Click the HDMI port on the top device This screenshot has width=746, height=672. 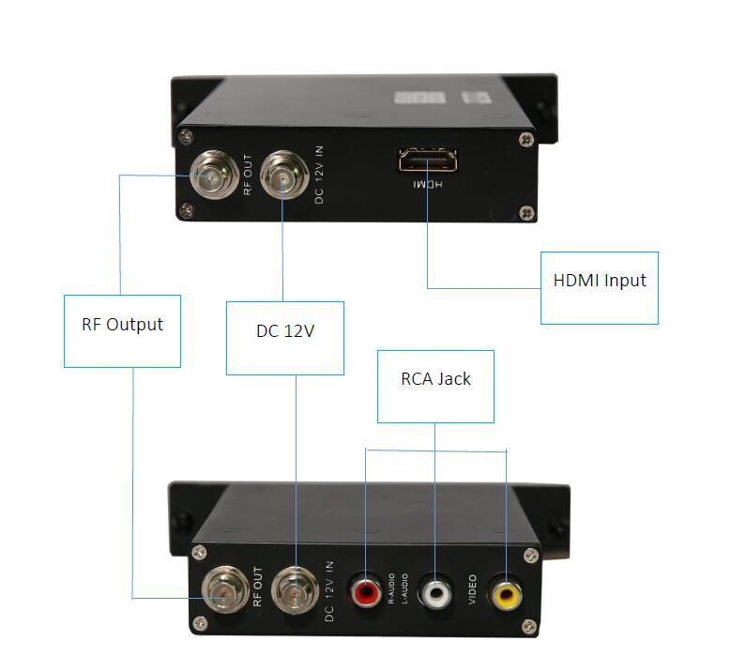point(428,161)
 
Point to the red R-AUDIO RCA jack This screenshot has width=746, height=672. point(364,592)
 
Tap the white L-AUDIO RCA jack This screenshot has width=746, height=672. point(434,592)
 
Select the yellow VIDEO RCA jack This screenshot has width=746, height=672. point(508,592)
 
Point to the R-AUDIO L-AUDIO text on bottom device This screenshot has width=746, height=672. point(398,589)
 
